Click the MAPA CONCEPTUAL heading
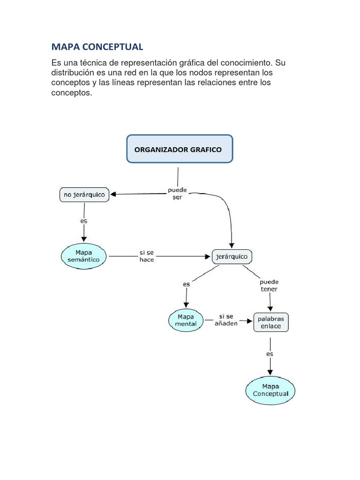click(97, 47)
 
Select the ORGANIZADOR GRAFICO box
click(180, 149)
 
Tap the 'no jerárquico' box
click(84, 195)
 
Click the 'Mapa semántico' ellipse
click(83, 256)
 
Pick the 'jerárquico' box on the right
click(232, 256)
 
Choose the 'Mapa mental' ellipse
click(186, 320)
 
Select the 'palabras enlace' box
click(271, 322)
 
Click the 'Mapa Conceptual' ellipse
click(270, 390)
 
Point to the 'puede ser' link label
click(177, 194)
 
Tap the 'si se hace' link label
click(147, 256)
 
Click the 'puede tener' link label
click(269, 285)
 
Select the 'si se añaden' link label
click(226, 320)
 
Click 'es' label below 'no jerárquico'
click(83, 221)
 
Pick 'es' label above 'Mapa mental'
click(187, 285)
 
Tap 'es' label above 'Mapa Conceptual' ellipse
click(270, 354)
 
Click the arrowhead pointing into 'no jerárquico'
click(113, 194)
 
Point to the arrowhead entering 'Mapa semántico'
click(84, 239)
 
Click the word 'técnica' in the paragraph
click(93, 63)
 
